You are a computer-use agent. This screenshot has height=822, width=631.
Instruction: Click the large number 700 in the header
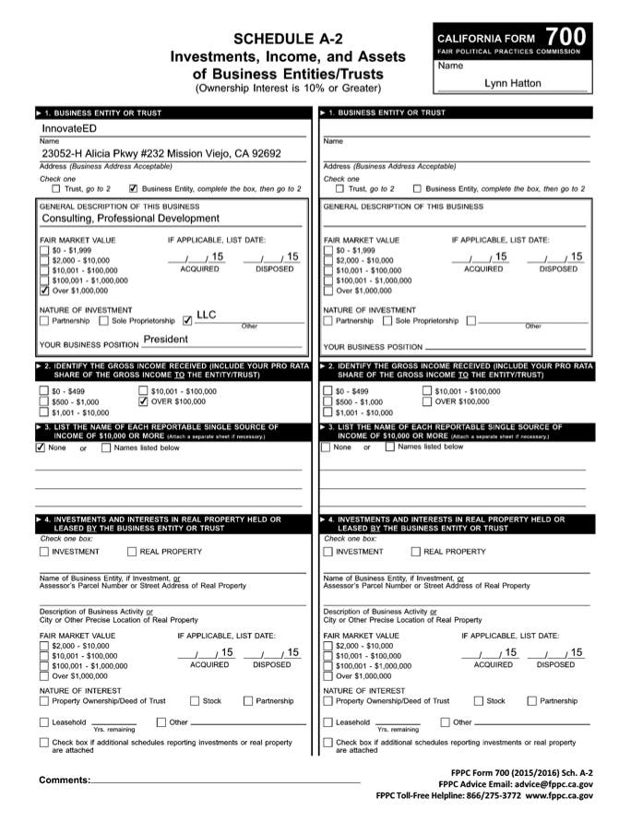click(x=564, y=36)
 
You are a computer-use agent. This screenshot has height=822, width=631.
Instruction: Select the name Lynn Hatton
click(x=513, y=83)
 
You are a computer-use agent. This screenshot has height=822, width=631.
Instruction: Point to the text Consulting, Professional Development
click(x=130, y=219)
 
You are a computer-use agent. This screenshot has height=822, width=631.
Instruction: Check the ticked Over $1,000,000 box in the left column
click(x=44, y=290)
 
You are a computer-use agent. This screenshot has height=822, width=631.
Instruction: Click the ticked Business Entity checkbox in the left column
click(x=134, y=188)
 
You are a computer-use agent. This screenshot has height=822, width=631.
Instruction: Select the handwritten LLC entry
click(x=207, y=315)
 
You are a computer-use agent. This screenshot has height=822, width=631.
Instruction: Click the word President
click(x=165, y=340)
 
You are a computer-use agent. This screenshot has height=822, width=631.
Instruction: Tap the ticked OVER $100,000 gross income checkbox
click(x=142, y=401)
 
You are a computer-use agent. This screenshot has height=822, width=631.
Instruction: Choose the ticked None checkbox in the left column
click(x=41, y=447)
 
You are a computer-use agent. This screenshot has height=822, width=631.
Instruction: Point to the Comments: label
click(x=65, y=780)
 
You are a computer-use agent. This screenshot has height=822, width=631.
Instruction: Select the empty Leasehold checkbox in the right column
click(x=328, y=722)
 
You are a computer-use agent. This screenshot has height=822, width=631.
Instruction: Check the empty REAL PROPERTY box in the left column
click(x=132, y=552)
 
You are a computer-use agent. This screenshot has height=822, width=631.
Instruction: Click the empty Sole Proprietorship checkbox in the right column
click(x=387, y=321)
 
